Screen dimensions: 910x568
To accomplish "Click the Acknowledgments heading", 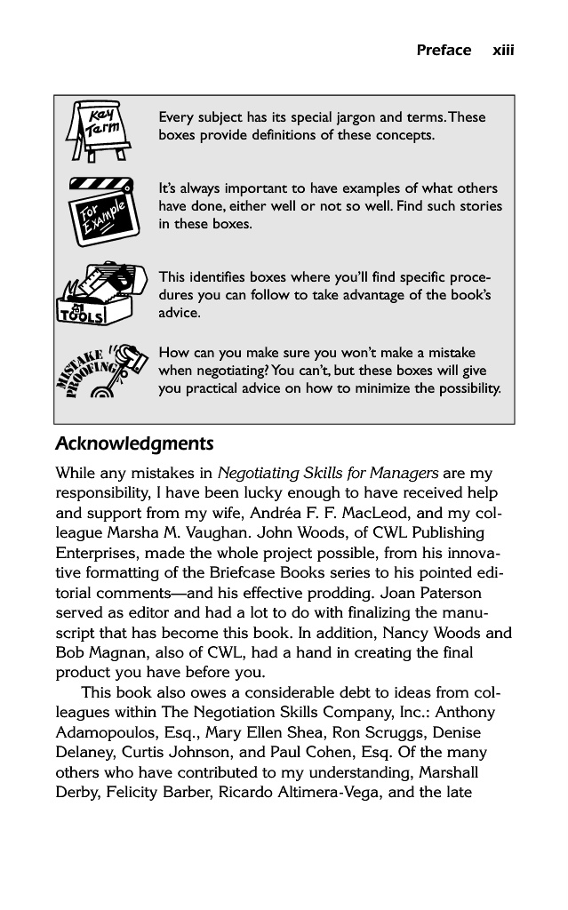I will pyautogui.click(x=134, y=443).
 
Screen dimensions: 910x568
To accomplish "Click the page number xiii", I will pyautogui.click(x=504, y=50).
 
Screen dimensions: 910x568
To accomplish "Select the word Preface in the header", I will pyautogui.click(x=444, y=50).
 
